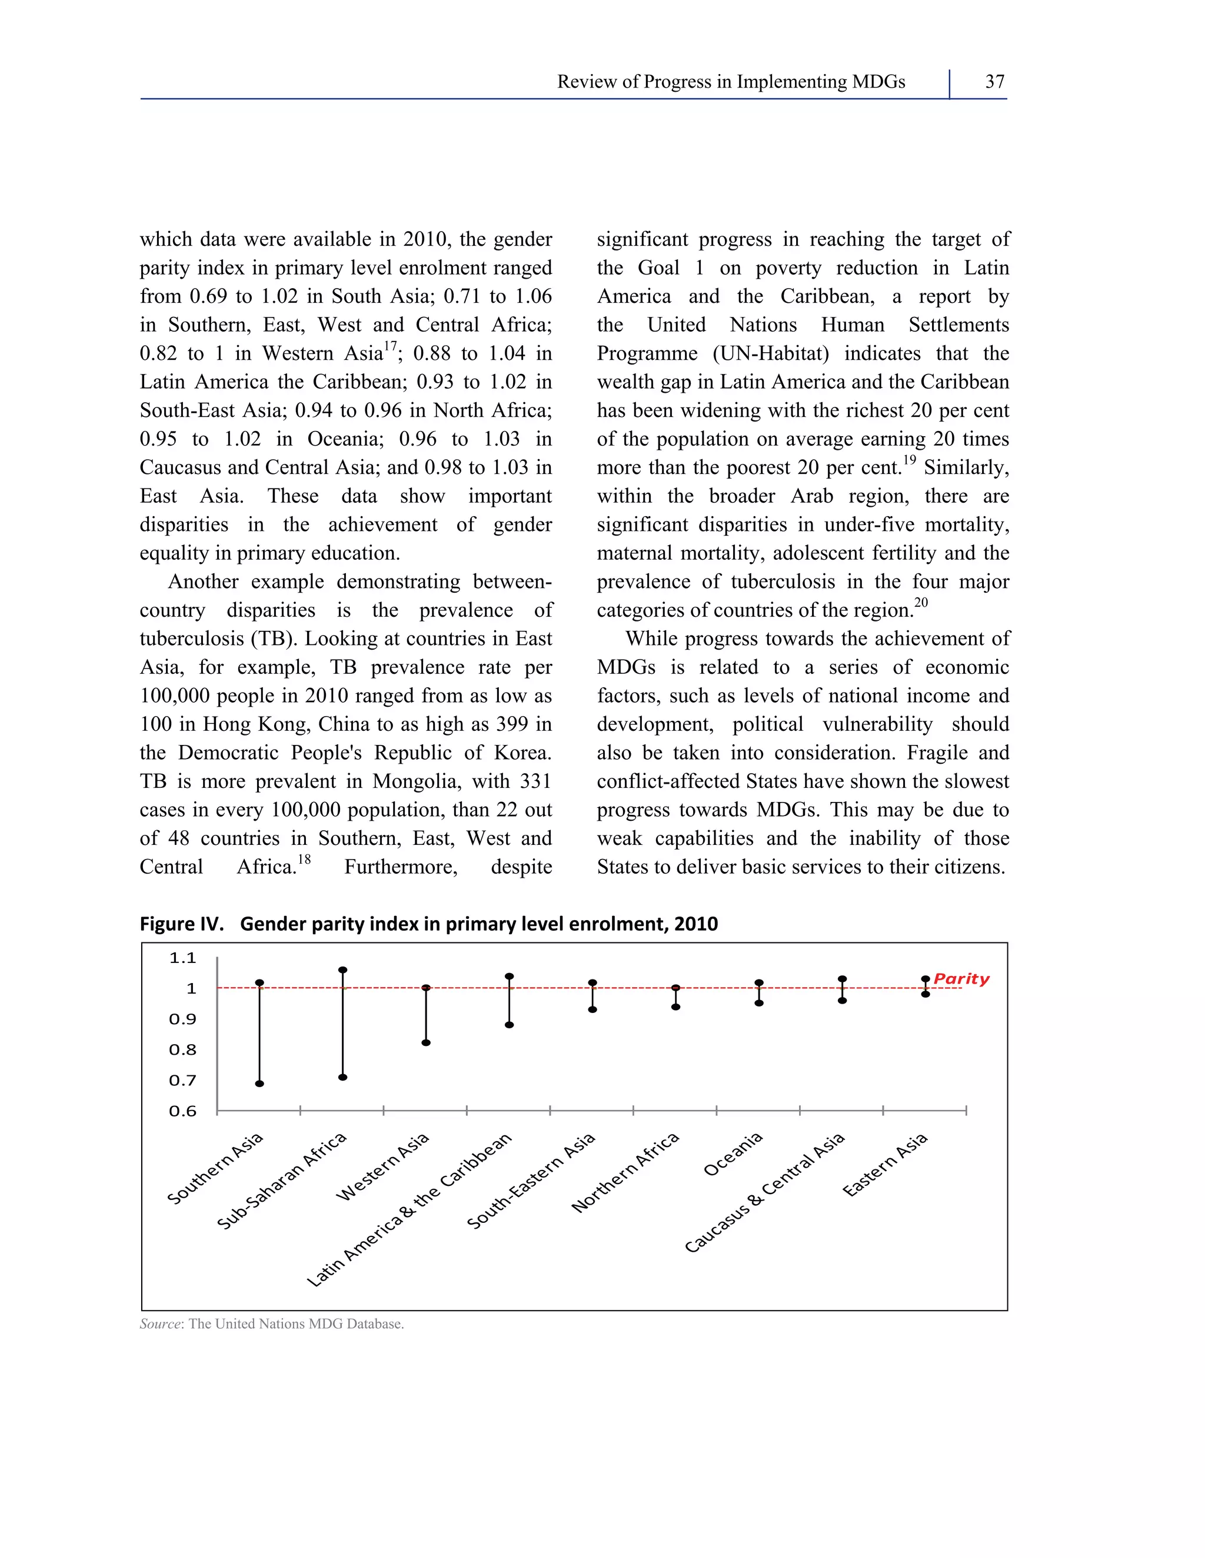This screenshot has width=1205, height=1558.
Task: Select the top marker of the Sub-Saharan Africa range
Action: click(x=342, y=970)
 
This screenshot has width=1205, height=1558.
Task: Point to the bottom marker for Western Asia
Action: click(x=426, y=1043)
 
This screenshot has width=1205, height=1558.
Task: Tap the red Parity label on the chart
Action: click(x=961, y=979)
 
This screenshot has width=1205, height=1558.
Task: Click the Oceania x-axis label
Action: click(x=733, y=1154)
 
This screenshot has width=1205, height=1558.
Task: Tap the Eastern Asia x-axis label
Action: click(x=885, y=1164)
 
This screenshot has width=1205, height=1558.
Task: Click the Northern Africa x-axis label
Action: click(x=625, y=1173)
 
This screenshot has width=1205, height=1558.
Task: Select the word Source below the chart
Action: click(x=161, y=1324)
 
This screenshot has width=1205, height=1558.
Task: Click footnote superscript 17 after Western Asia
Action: click(x=391, y=346)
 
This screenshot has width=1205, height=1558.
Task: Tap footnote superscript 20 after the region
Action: click(x=921, y=603)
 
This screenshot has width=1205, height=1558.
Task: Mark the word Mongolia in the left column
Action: click(x=415, y=781)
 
